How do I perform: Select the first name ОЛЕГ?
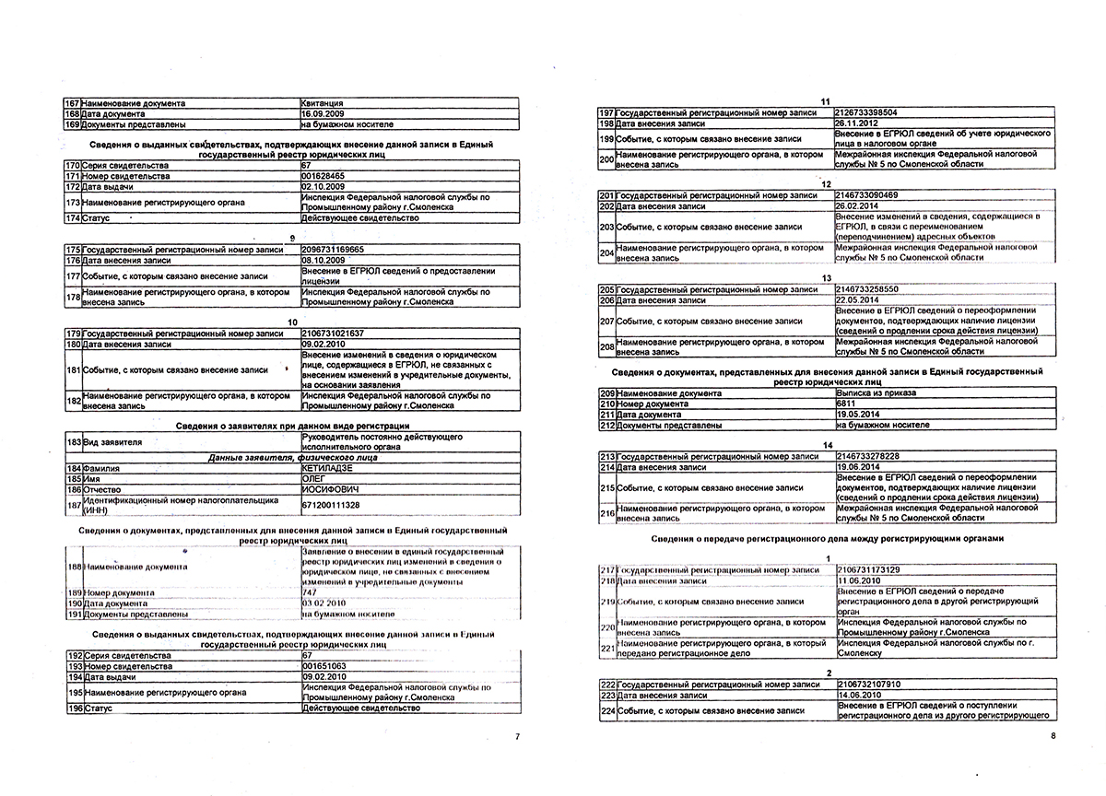314,477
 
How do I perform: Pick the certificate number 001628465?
324,175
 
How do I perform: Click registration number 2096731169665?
333,250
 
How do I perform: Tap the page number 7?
518,737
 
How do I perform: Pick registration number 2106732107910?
869,685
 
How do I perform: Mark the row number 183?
73,442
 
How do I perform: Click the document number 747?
310,591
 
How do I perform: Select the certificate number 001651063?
324,664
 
